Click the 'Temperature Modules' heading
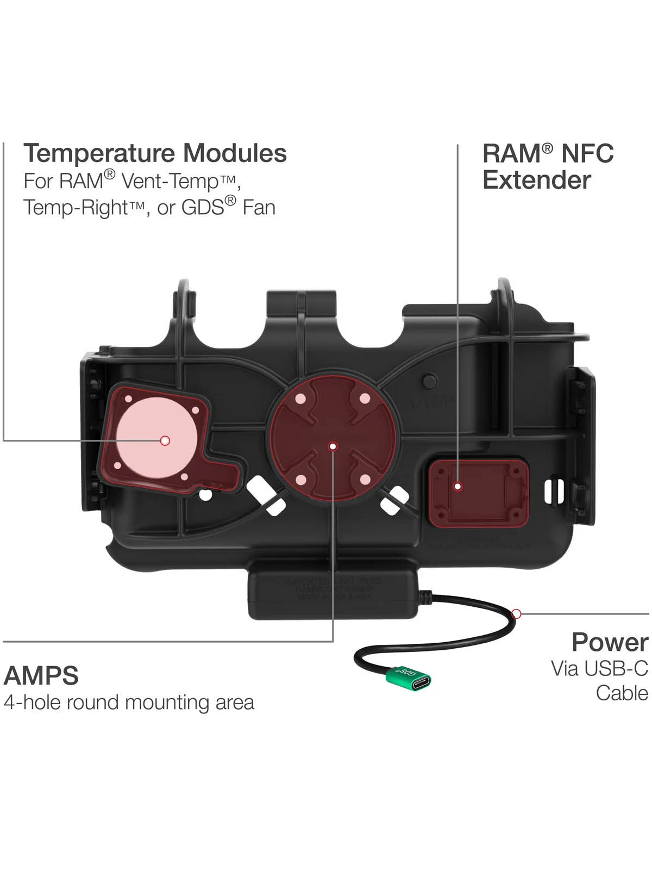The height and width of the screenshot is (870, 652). [x=155, y=153]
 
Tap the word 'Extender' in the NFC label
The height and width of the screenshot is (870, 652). [x=536, y=180]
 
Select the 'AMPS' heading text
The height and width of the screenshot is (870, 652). [x=41, y=675]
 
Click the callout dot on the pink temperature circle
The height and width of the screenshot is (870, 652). [x=165, y=440]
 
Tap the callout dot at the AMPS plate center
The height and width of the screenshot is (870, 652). [x=334, y=446]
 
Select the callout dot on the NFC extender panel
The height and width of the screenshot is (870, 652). [x=457, y=486]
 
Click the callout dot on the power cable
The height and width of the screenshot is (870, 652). [x=517, y=614]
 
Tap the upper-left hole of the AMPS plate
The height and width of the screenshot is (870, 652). [x=300, y=399]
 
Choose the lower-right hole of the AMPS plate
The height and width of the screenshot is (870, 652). [x=365, y=480]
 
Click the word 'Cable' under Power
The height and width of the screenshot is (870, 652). [x=622, y=693]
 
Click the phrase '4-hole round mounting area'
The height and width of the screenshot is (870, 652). [x=129, y=703]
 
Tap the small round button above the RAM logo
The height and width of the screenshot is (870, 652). [x=430, y=380]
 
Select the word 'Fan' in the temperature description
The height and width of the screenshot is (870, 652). [x=259, y=208]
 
